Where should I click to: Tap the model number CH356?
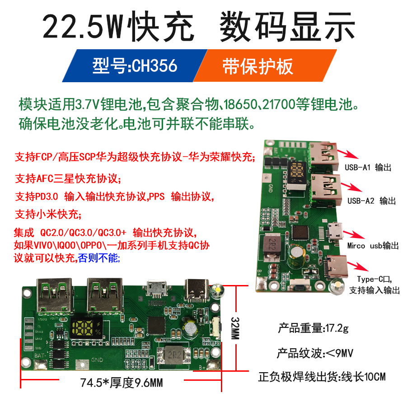pyautogui.click(x=154, y=66)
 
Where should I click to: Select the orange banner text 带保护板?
pyautogui.click(x=258, y=66)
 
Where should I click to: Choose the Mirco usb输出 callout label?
pyautogui.click(x=373, y=246)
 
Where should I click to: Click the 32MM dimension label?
pyautogui.click(x=236, y=326)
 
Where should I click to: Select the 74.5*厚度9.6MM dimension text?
pyautogui.click(x=122, y=383)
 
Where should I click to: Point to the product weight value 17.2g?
pyautogui.click(x=336, y=328)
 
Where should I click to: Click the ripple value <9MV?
pyautogui.click(x=339, y=352)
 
